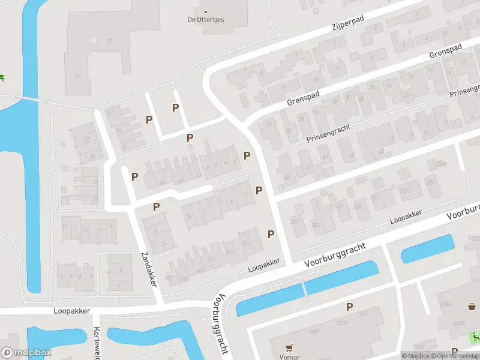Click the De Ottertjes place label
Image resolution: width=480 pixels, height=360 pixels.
click(x=205, y=20)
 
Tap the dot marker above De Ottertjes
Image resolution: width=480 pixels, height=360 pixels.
click(x=205, y=11)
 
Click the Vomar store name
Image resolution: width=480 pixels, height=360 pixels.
click(x=290, y=356)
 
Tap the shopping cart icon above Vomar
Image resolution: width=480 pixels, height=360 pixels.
click(x=290, y=347)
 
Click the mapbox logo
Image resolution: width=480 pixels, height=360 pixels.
click(x=26, y=353)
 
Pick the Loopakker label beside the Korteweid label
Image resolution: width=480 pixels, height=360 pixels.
click(x=71, y=311)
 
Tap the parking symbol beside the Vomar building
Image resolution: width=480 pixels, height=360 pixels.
click(x=349, y=307)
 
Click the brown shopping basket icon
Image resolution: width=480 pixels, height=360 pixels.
click(x=472, y=307)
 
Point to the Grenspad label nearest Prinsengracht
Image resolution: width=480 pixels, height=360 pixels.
click(x=303, y=97)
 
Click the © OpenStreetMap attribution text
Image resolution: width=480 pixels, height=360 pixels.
click(x=453, y=356)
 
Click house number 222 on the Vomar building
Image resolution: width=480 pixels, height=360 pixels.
click(x=363, y=314)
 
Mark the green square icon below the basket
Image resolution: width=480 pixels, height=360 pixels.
click(x=475, y=335)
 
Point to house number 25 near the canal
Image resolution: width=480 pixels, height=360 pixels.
click(x=77, y=76)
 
